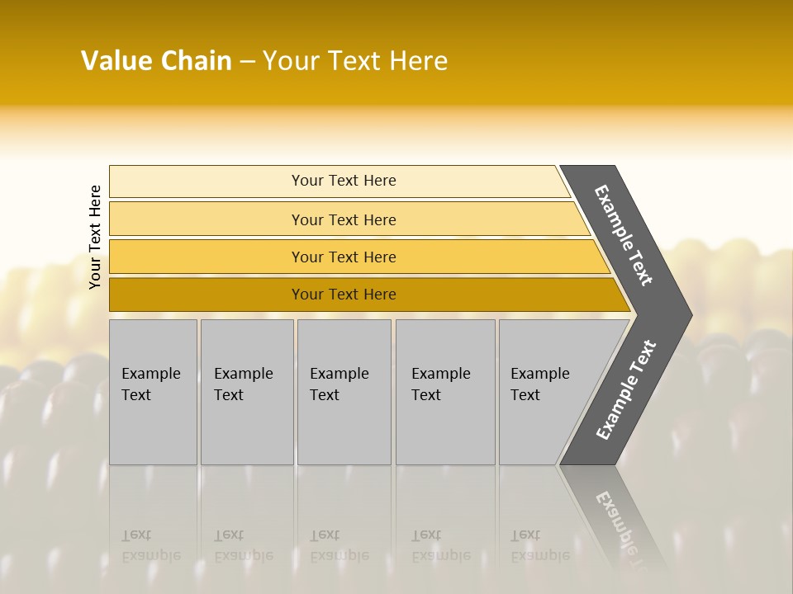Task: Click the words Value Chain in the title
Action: pyautogui.click(x=156, y=61)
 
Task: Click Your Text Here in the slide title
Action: pyautogui.click(x=355, y=61)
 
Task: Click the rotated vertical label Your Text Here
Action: pyautogui.click(x=95, y=237)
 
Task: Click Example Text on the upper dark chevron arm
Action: pyautogui.click(x=624, y=235)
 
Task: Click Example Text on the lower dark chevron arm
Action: pyautogui.click(x=626, y=390)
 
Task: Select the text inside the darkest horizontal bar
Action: pyautogui.click(x=344, y=295)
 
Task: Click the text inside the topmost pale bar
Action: pyautogui.click(x=344, y=181)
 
